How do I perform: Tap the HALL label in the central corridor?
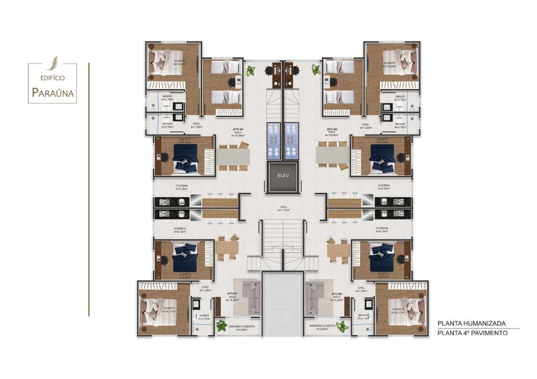pyautogui.click(x=284, y=208)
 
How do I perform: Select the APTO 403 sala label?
pyautogui.click(x=238, y=132)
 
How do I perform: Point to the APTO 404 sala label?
pyautogui.click(x=332, y=132)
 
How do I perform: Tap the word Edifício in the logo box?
pyautogui.click(x=52, y=78)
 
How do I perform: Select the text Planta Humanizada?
pyautogui.click(x=471, y=323)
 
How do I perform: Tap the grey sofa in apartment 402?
pyautogui.click(x=317, y=297)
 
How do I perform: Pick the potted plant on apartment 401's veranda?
pyautogui.click(x=222, y=326)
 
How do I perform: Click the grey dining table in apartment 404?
pyautogui.click(x=332, y=156)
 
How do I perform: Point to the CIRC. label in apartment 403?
pyautogui.click(x=196, y=126)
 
